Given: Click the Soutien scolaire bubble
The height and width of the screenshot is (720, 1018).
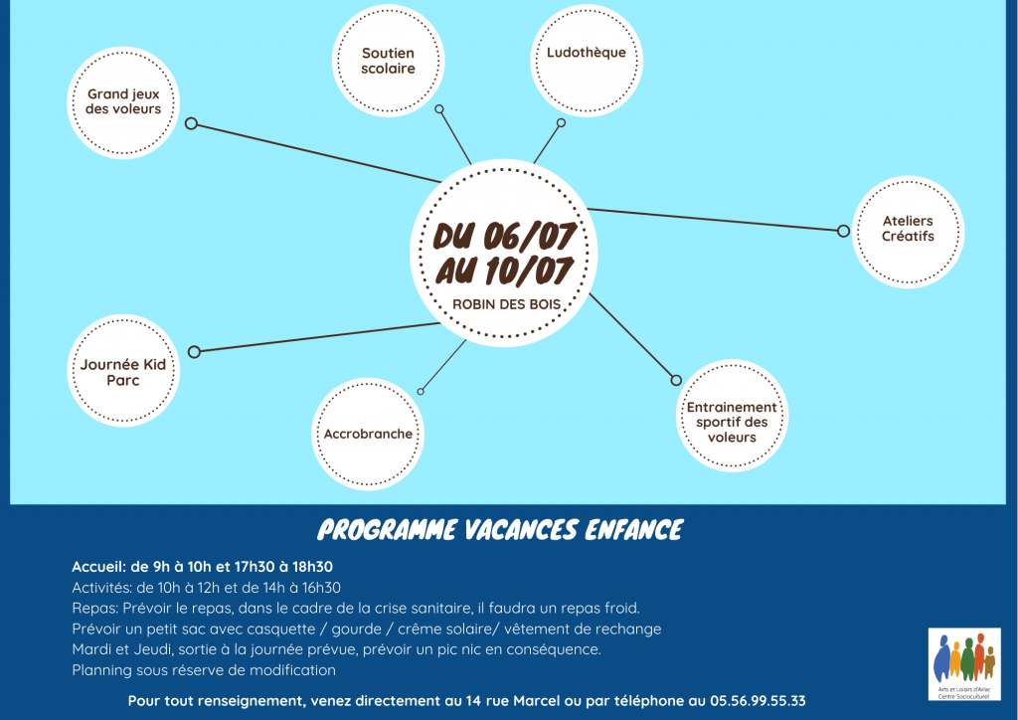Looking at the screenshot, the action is point(389,61).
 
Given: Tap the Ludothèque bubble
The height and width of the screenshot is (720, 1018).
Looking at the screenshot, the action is point(587,61).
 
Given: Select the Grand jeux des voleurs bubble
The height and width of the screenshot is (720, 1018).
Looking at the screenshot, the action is point(123,102).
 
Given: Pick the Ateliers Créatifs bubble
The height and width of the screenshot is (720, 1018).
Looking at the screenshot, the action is point(908,232).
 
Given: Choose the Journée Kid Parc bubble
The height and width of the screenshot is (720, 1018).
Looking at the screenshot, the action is point(123,371).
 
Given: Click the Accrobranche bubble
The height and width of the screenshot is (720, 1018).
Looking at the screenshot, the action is point(368,435).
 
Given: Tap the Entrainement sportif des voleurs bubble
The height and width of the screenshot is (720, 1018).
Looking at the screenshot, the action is point(732,416).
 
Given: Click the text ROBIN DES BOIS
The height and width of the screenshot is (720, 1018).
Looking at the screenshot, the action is point(506,304).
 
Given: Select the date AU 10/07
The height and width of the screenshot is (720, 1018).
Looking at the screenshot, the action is point(504,270).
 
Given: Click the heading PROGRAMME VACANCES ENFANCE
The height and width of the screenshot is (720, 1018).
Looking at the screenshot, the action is point(500,530).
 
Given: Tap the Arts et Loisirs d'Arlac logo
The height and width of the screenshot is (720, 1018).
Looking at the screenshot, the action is point(964,664).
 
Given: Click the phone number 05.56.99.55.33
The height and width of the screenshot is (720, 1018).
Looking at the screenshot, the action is point(758,701).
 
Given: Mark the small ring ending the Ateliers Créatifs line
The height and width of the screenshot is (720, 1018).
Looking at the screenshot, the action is point(843,231).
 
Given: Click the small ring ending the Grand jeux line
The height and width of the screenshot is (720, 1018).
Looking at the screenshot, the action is point(191,123).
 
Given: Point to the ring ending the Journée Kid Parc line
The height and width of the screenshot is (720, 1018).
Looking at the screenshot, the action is point(194,352).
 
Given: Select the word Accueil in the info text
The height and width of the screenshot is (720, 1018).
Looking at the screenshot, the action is point(98,567).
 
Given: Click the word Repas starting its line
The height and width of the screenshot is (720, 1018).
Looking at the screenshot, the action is point(94,609).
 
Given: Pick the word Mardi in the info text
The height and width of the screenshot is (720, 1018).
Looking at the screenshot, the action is point(91,649).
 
